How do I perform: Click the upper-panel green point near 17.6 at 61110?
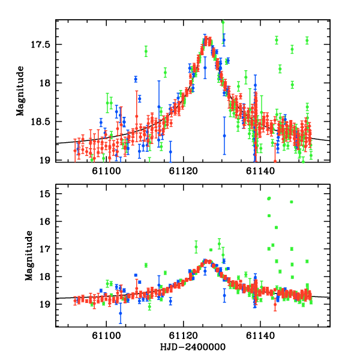[x=146, y=52]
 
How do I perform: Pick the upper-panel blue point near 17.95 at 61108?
[x=136, y=79]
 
